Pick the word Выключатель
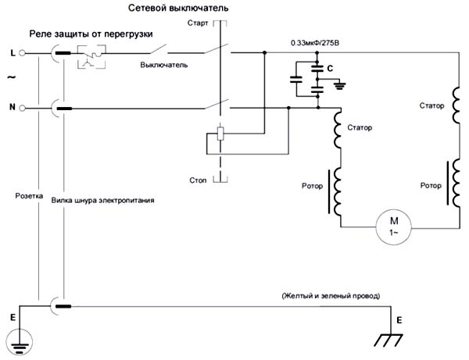click(x=164, y=66)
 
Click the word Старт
click(x=199, y=25)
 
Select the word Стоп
click(x=199, y=180)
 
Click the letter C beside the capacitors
click(x=331, y=69)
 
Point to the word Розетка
click(x=30, y=197)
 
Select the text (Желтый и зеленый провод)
click(x=330, y=297)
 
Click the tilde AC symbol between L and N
click(x=10, y=79)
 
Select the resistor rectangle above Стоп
click(x=221, y=135)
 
